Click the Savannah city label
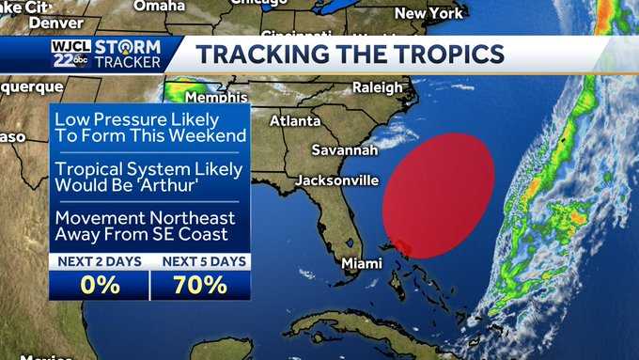tap(345, 150)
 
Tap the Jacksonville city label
tap(337, 180)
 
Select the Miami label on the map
tap(362, 263)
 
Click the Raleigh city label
tap(377, 87)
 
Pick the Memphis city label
tap(216, 98)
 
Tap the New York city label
tap(429, 13)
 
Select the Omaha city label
tap(160, 6)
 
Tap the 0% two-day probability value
tap(99, 284)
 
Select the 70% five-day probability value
tap(200, 284)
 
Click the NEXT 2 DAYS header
tap(99, 260)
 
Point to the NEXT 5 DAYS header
tap(200, 260)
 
